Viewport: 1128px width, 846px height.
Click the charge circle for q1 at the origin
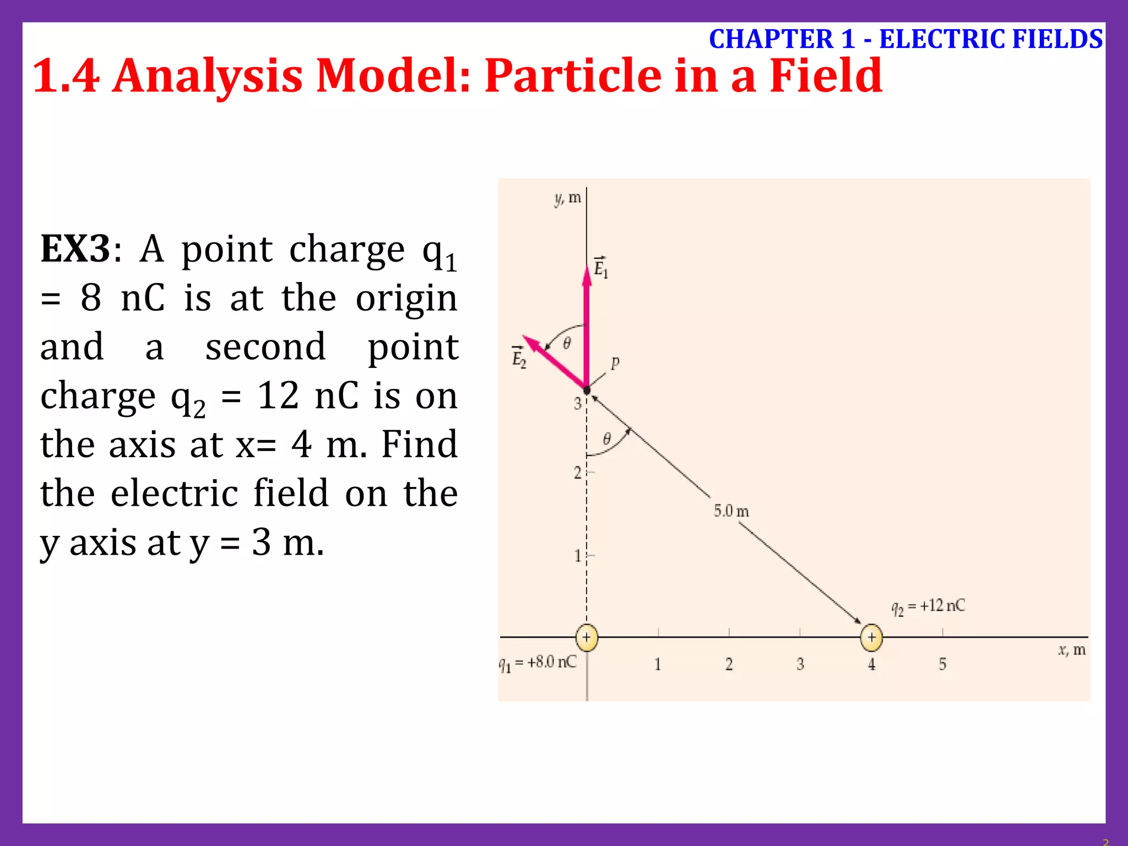[587, 638]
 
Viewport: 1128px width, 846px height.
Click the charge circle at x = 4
[871, 638]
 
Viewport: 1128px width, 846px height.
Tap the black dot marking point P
[587, 390]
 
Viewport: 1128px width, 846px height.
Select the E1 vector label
[601, 268]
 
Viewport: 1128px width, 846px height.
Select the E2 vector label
[519, 357]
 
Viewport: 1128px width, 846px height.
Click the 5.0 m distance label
[731, 511]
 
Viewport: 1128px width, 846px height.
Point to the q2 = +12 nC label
[928, 607]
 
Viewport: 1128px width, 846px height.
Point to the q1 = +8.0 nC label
[538, 663]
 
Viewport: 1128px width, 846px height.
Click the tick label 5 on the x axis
[942, 664]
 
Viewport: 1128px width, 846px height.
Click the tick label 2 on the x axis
[729, 664]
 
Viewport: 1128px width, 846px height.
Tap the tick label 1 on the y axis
[577, 556]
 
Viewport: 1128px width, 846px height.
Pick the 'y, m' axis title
[568, 198]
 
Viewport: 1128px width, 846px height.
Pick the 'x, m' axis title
[1071, 650]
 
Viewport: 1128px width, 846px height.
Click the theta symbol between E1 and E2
[567, 344]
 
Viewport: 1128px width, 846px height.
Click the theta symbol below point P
[606, 439]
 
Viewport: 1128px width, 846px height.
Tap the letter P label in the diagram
[615, 362]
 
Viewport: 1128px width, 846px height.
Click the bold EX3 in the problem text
[75, 249]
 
